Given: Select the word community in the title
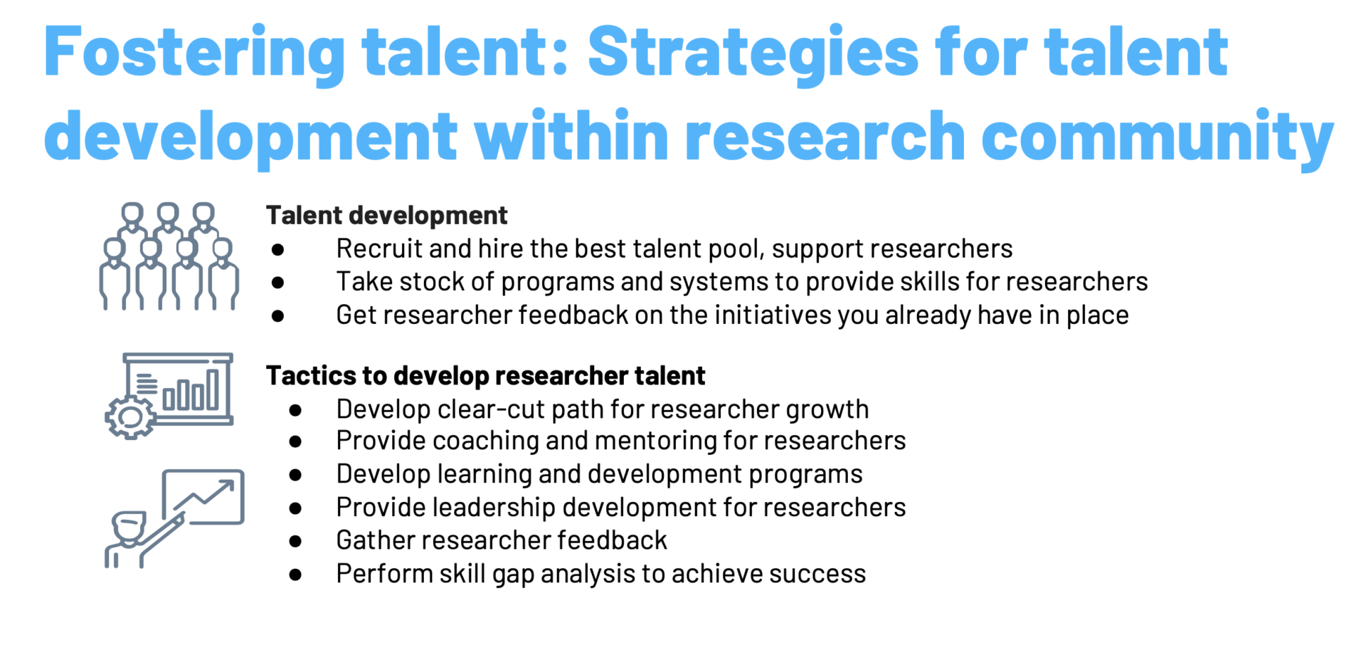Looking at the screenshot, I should [1157, 137].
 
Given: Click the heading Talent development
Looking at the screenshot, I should [386, 215].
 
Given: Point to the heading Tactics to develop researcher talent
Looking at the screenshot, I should [485, 375].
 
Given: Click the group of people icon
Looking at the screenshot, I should [169, 256].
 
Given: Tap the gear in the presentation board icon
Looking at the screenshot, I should [130, 417].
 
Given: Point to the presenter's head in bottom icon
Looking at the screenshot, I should [129, 527].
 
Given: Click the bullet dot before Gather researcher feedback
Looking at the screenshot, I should [295, 541].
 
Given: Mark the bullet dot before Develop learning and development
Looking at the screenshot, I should [295, 475].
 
